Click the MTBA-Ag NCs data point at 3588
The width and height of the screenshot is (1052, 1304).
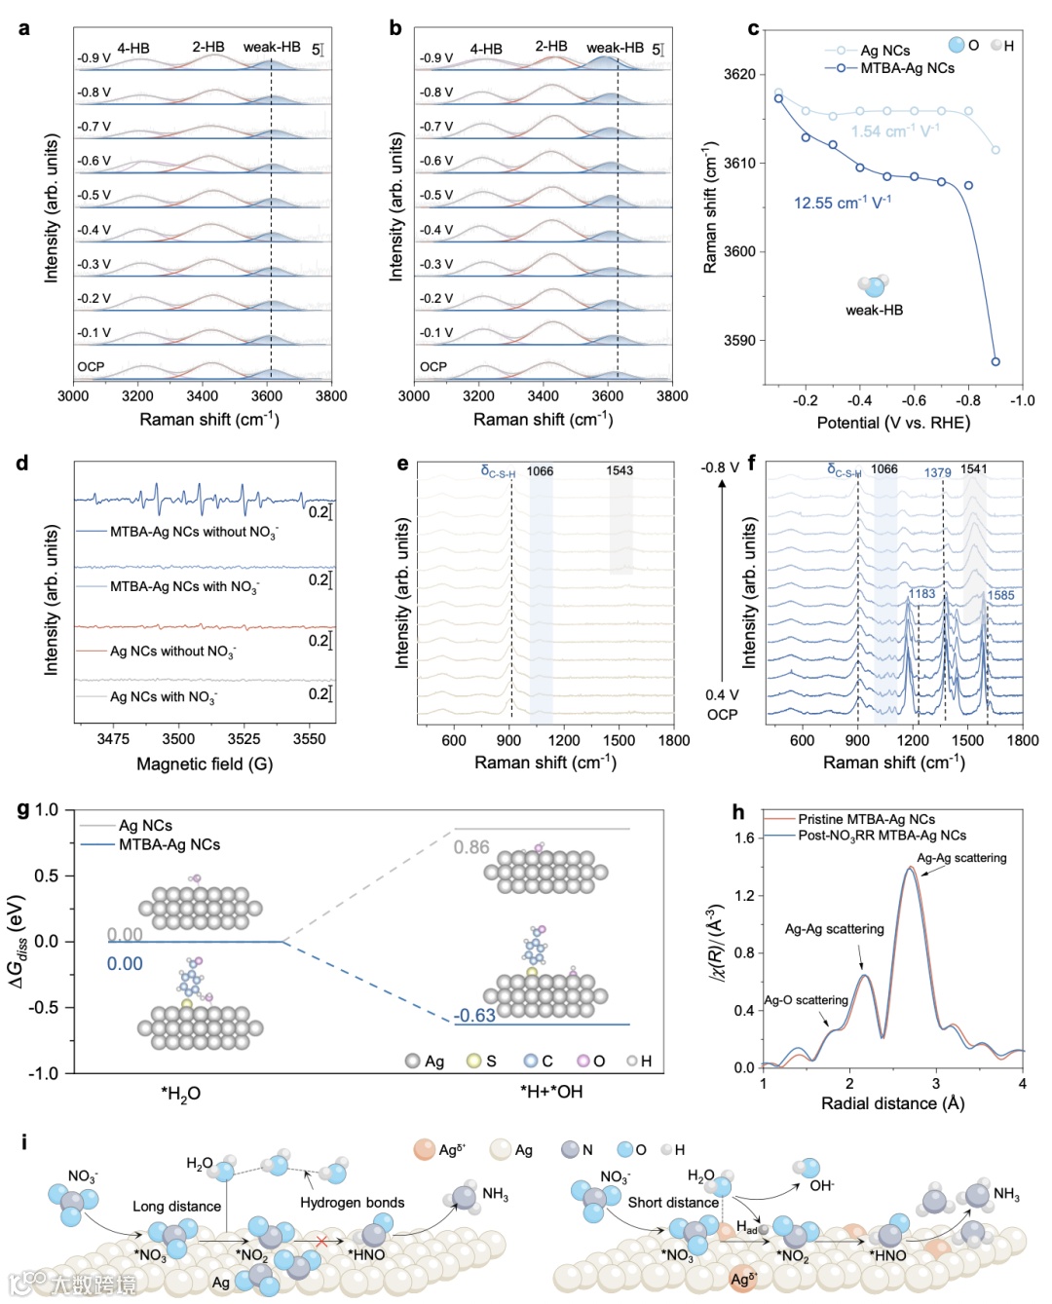(996, 361)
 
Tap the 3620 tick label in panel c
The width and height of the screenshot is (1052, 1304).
(739, 74)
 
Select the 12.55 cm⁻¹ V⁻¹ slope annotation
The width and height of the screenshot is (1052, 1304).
(842, 203)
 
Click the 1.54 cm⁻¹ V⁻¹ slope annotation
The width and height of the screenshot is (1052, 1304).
(894, 131)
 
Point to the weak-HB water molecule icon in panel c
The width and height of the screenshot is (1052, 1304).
(873, 285)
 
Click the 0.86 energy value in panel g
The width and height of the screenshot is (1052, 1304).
(471, 847)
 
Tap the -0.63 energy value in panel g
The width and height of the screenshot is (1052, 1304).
(474, 1015)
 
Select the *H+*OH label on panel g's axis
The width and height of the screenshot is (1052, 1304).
(551, 1093)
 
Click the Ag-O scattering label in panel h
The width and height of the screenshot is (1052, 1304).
(806, 1000)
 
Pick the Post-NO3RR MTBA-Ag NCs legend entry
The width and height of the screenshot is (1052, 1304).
(882, 836)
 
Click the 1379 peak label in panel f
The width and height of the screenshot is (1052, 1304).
(937, 472)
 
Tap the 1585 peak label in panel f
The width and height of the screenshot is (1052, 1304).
(1000, 595)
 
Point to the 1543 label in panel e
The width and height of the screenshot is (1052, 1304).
(620, 470)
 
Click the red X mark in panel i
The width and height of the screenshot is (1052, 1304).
(321, 1242)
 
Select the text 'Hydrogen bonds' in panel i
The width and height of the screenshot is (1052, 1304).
(352, 1203)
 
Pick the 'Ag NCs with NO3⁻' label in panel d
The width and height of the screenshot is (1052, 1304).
(163, 697)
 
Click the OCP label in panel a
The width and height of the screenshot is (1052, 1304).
(91, 367)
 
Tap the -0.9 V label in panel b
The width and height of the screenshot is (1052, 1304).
(436, 58)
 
